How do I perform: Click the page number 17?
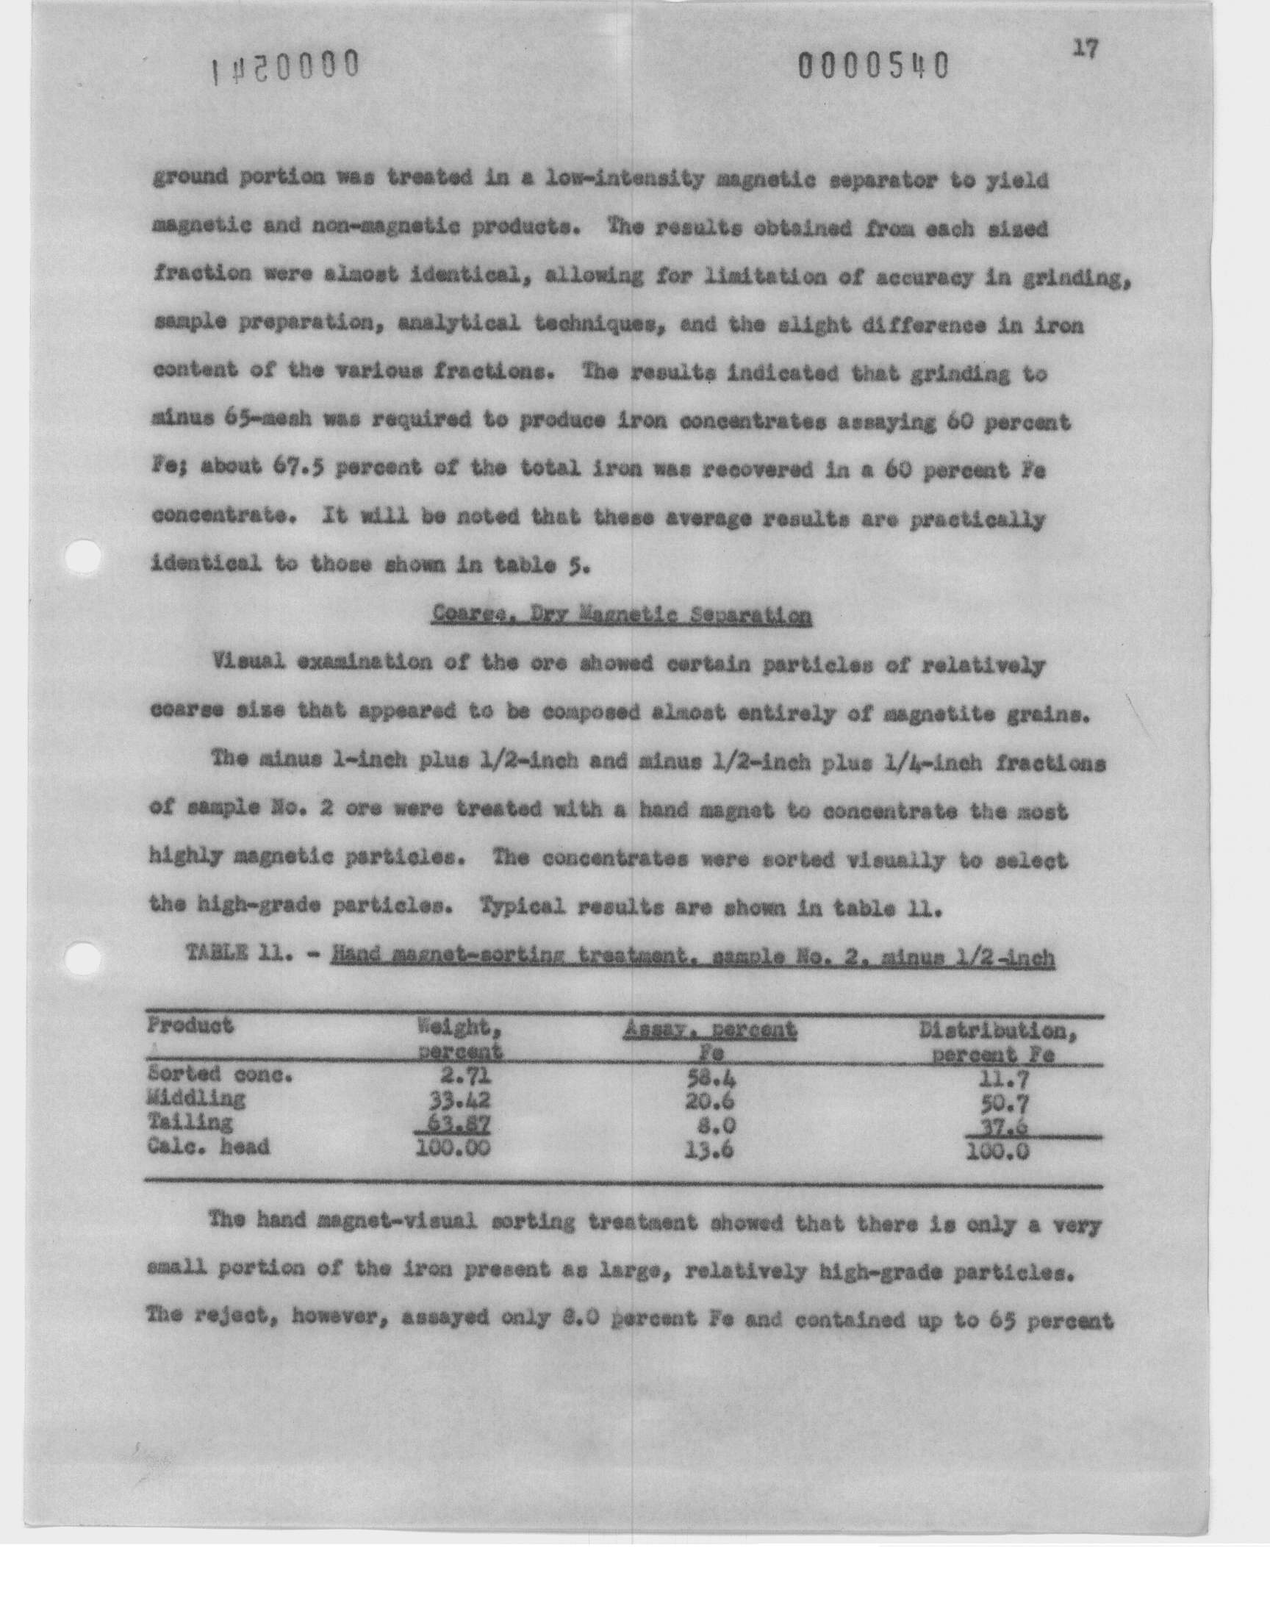1086,50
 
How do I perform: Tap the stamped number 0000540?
874,68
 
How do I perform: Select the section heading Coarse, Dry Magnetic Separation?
621,617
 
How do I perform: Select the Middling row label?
195,1098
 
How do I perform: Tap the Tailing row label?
190,1121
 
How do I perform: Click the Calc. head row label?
208,1146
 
